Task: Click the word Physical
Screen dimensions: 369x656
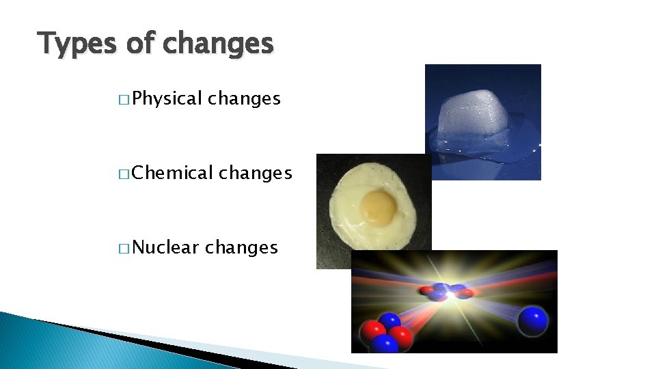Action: [x=167, y=99]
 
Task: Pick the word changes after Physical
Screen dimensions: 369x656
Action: [x=244, y=99]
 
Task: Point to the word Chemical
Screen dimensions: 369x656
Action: [x=173, y=174]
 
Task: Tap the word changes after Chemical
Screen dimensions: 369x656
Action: [x=256, y=174]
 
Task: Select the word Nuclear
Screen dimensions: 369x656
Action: [x=166, y=247]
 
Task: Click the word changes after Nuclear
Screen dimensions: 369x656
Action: [x=241, y=247]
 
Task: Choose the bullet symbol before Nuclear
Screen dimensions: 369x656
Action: [x=123, y=249]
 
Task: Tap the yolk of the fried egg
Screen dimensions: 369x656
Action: [x=378, y=206]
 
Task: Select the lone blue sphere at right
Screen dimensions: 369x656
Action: [x=533, y=320]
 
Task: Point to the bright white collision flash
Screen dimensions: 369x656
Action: [x=451, y=294]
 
